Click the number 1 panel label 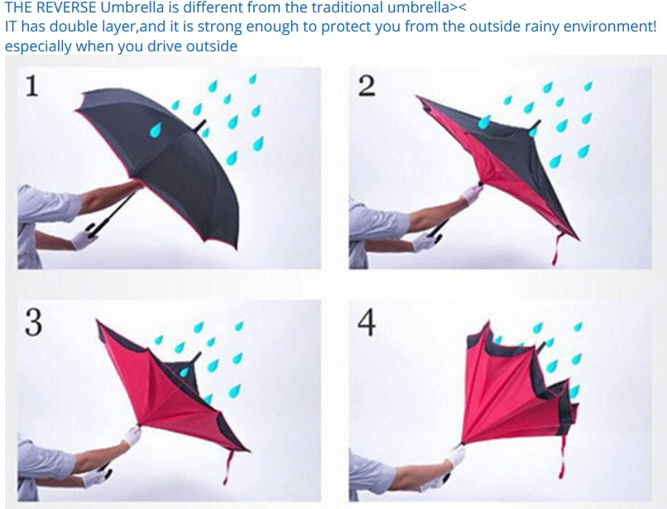pos(31,85)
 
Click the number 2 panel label pos(366,85)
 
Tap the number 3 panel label pos(33,322)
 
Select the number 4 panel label pos(366,322)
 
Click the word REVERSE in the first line pos(70,8)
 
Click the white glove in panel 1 pos(84,239)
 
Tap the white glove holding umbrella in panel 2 pos(472,193)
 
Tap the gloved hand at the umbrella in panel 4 pos(456,454)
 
